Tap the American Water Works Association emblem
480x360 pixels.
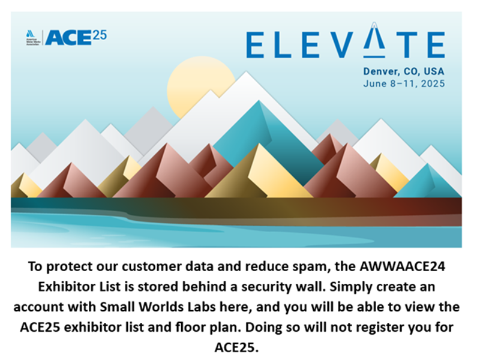pos(31,37)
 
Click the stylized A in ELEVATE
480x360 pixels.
pos(376,43)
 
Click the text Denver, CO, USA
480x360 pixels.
pos(403,71)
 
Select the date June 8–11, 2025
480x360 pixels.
pos(403,84)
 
